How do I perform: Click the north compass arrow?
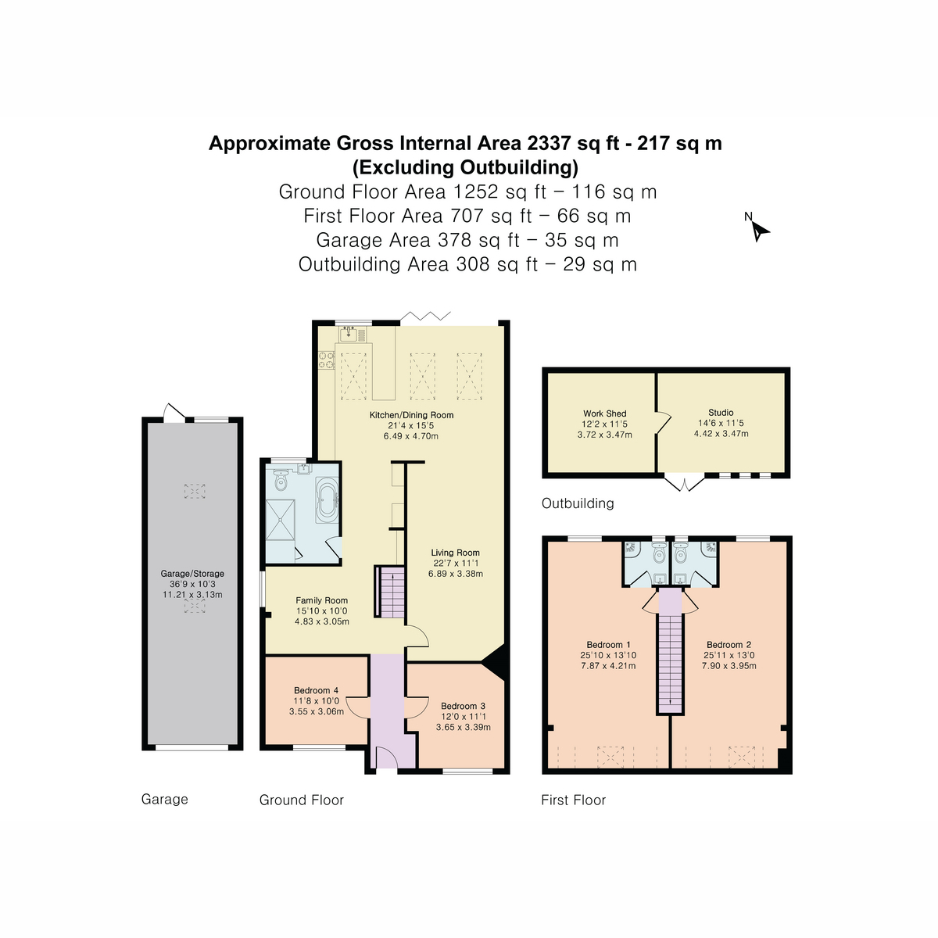coord(760,231)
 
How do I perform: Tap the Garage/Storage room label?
coord(192,574)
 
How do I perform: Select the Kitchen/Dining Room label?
coord(411,415)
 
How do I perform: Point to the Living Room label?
coord(455,553)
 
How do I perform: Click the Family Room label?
coord(321,601)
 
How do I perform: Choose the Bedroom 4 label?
coord(316,690)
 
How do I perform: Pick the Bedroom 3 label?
coord(463,706)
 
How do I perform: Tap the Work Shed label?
coord(604,414)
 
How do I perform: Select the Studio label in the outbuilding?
coord(721,413)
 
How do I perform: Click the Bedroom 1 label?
coord(608,645)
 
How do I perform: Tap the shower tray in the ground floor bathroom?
coord(281,519)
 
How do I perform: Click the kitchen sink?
coord(349,335)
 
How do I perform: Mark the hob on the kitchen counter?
coord(326,360)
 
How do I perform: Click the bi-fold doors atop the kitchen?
coord(426,316)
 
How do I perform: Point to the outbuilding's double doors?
coord(684,485)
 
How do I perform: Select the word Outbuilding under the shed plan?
coord(578,503)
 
